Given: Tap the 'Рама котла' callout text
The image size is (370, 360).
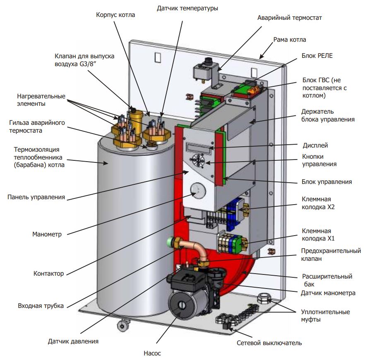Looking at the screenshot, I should click(x=290, y=40).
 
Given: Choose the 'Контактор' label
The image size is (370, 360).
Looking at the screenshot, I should click(x=48, y=274).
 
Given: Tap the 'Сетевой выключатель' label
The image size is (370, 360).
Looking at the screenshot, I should click(x=269, y=343).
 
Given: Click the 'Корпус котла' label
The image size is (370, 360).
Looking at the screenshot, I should click(x=115, y=15).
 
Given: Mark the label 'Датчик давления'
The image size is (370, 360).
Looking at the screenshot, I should click(x=73, y=341).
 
